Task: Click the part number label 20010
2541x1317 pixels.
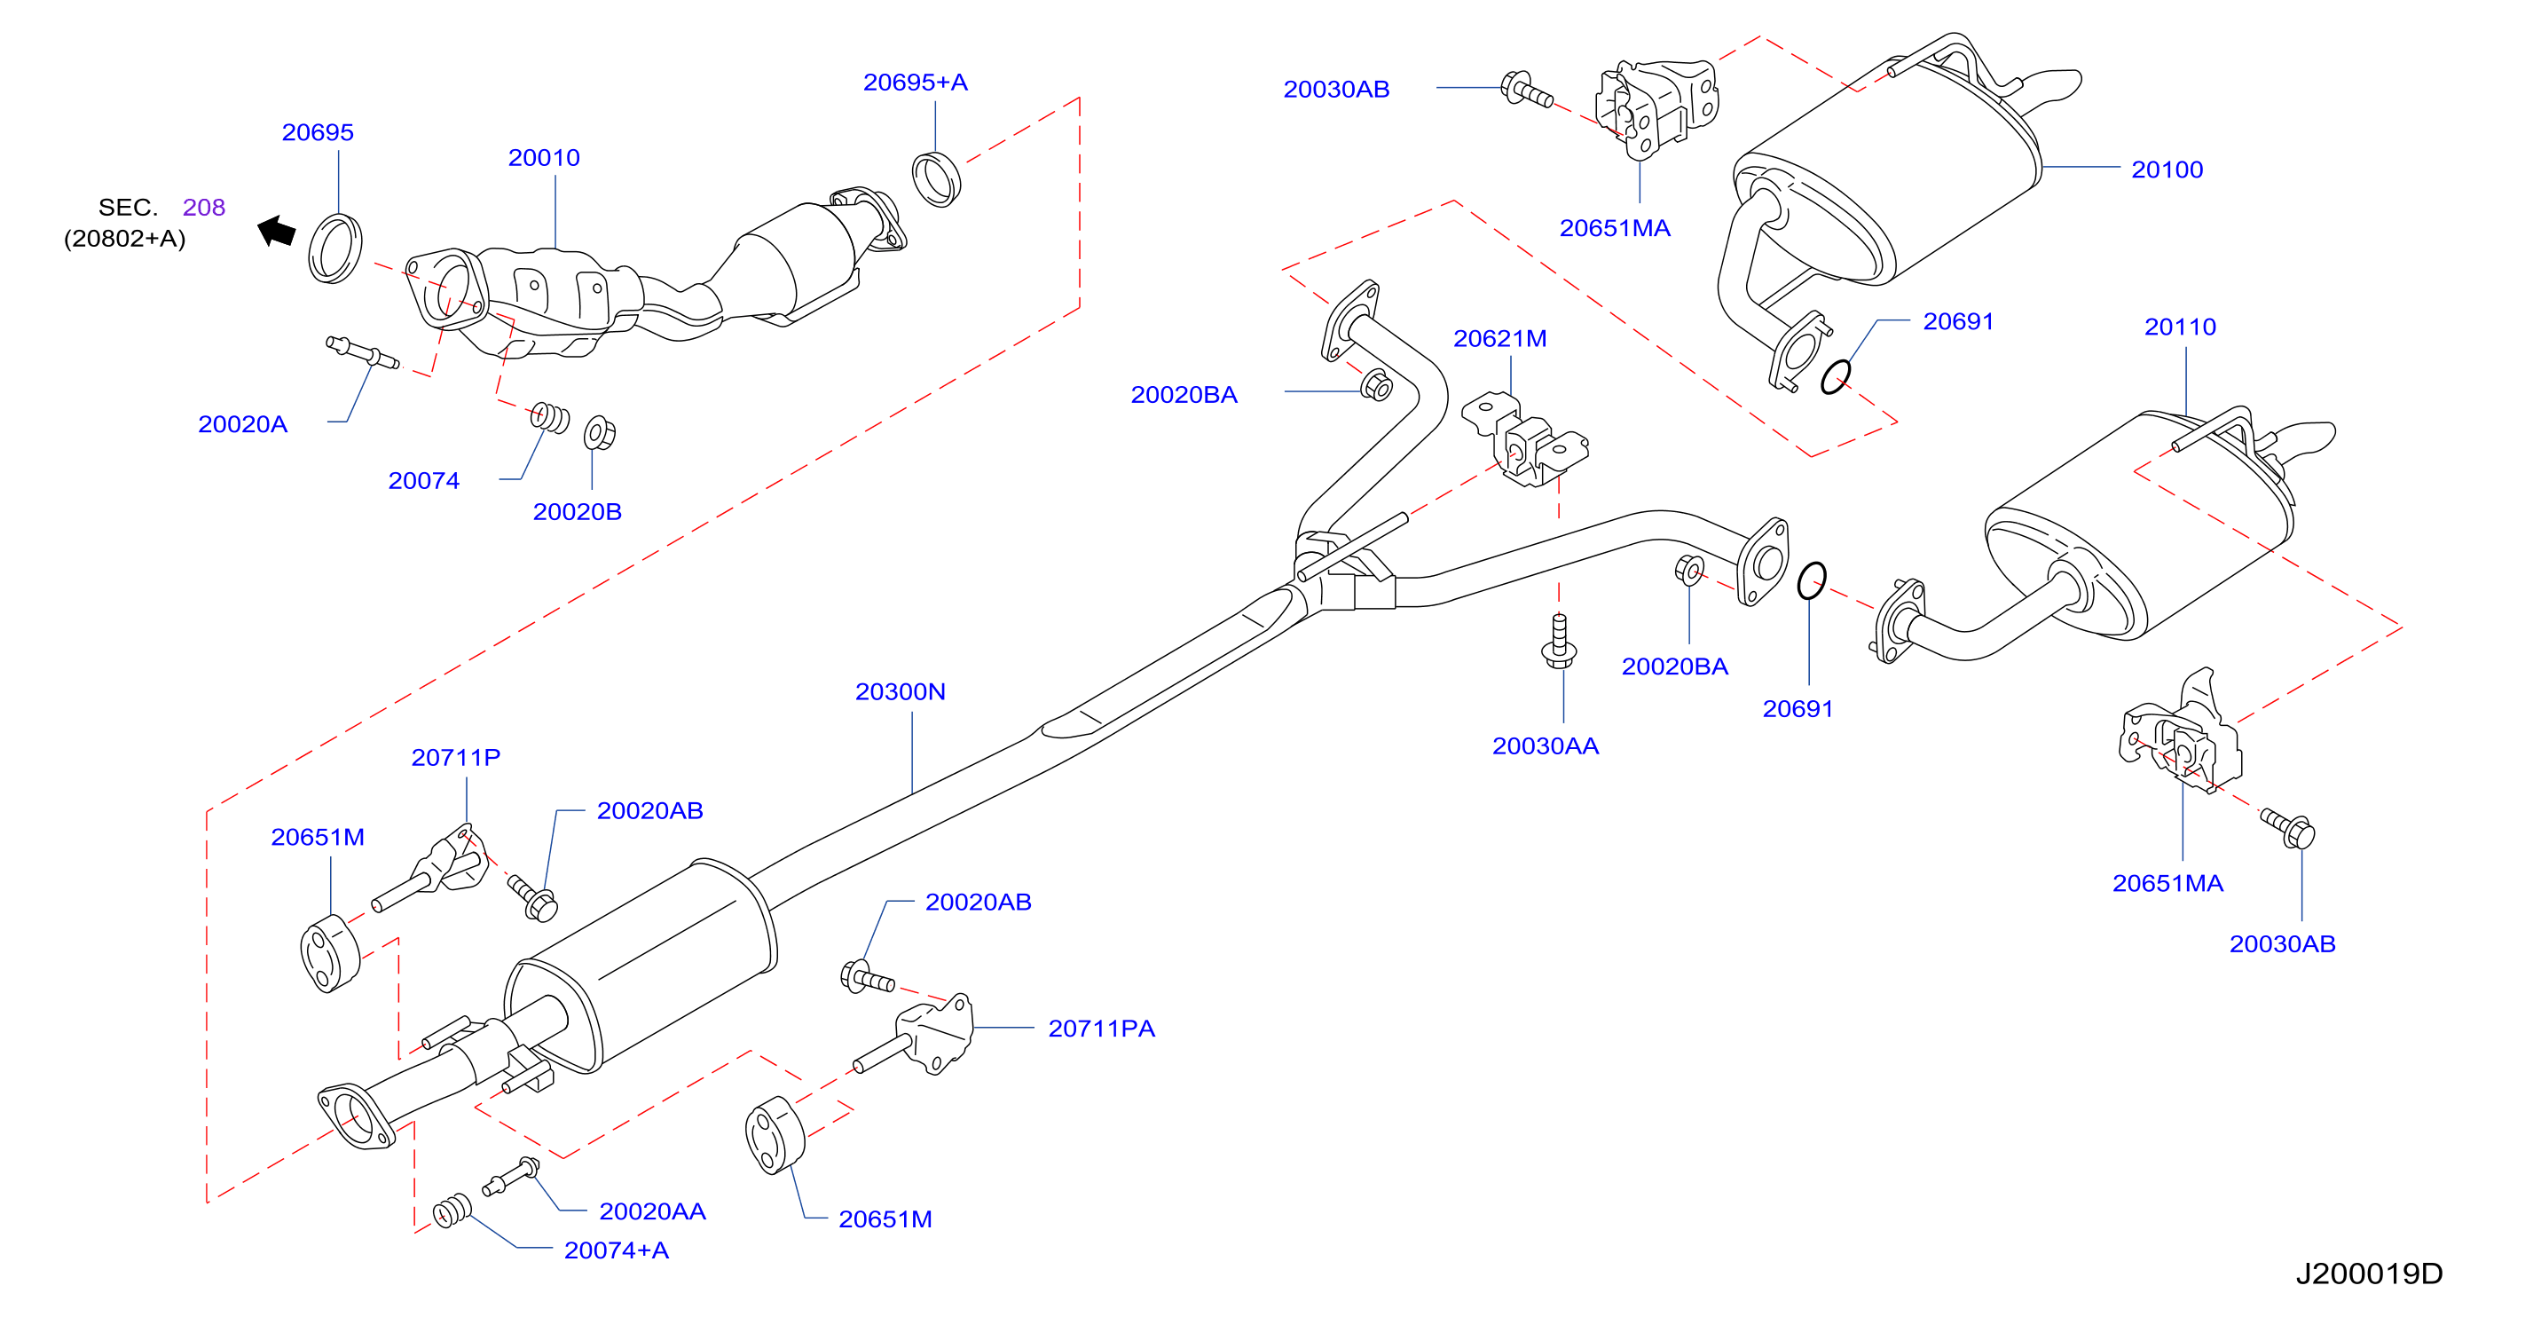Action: tap(544, 158)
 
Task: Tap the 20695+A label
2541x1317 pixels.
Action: tap(916, 83)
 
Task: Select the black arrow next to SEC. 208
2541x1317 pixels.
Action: tap(276, 232)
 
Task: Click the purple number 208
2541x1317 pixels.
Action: tap(204, 207)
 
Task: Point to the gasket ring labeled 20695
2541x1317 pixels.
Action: tap(335, 248)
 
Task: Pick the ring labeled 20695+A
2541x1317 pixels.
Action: tap(936, 179)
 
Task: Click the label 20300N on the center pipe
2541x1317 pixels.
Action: tap(900, 691)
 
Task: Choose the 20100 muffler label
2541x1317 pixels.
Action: tap(2167, 170)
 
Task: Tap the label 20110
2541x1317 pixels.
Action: tap(2180, 327)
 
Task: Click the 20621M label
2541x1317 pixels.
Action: tap(1499, 338)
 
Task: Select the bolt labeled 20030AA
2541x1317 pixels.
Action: tap(1559, 642)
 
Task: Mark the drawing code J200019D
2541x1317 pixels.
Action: tap(2370, 1274)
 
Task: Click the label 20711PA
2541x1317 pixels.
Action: tap(1101, 1029)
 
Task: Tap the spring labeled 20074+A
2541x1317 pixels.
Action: tap(452, 1211)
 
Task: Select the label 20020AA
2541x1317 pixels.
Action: tap(652, 1211)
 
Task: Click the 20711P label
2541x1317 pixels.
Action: tap(456, 758)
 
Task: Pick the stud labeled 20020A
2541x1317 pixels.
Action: tap(363, 352)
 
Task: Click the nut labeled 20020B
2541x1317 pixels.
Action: tap(600, 433)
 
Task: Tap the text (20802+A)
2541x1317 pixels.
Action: tap(124, 239)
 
